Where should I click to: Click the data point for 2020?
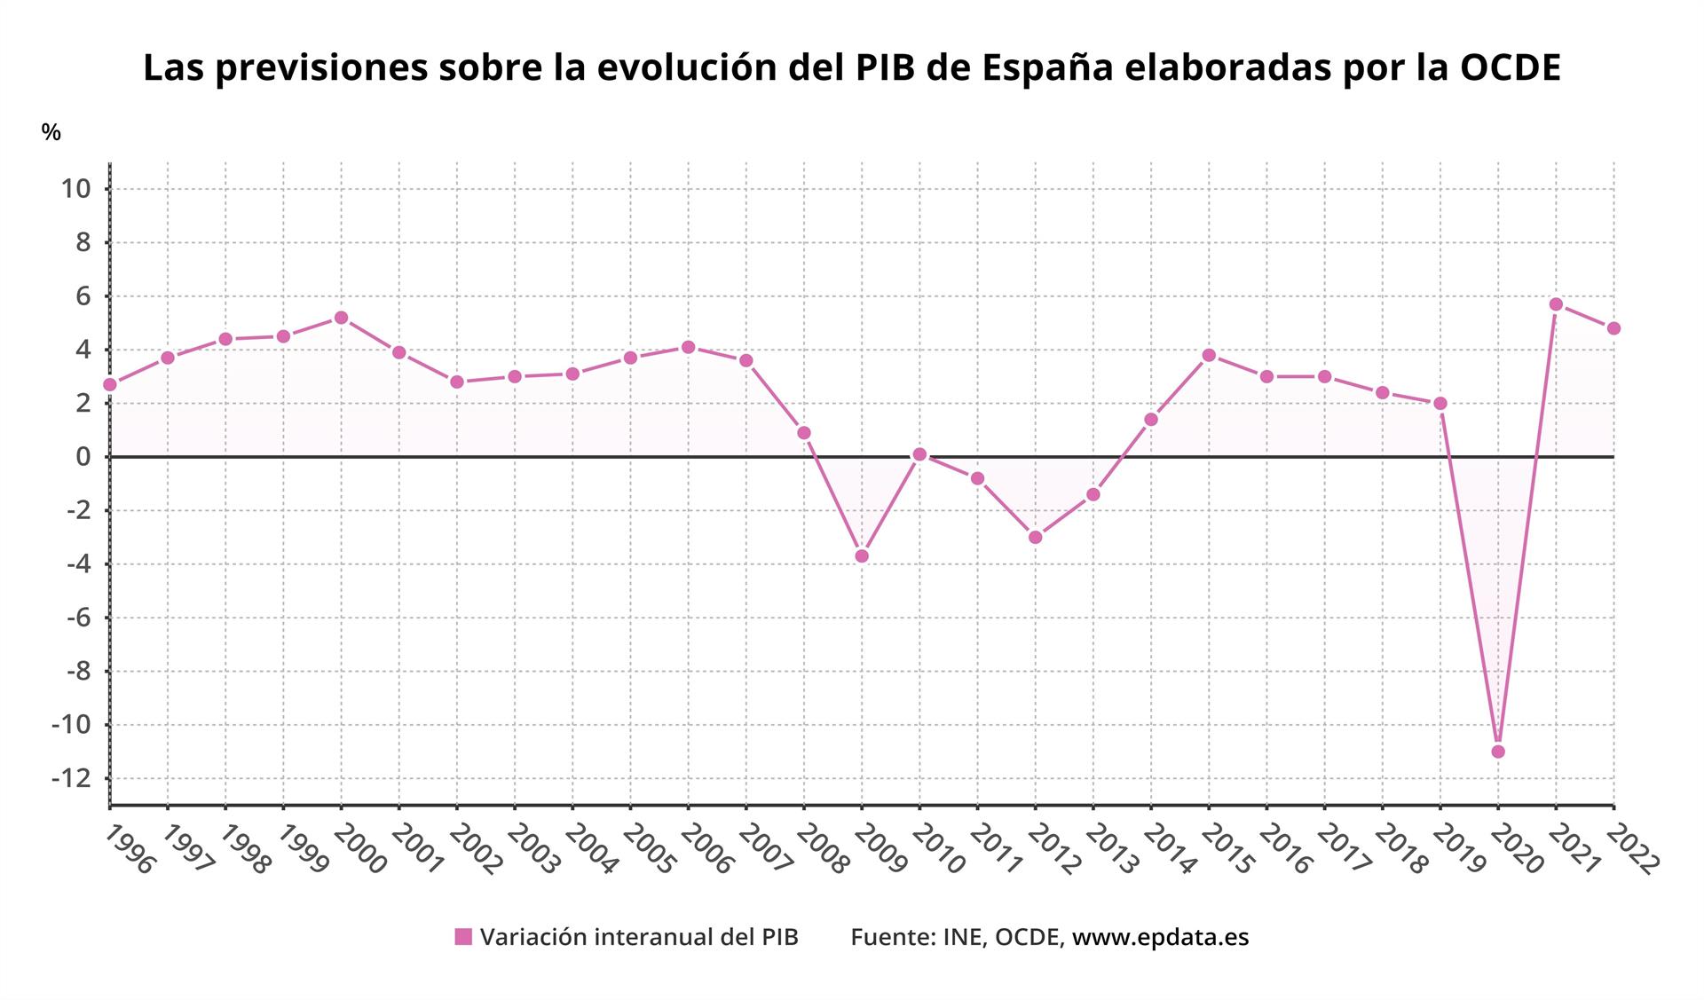[x=1498, y=752]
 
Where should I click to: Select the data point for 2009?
[x=862, y=556]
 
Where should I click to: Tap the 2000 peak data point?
[x=341, y=318]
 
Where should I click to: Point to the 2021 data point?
[x=1556, y=304]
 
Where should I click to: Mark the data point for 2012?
[x=1035, y=537]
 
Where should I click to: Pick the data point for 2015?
[x=1209, y=355]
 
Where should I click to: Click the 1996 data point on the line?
[x=110, y=384]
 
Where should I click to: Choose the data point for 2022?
[x=1613, y=328]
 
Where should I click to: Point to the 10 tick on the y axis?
[x=75, y=189]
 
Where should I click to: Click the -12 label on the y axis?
[x=71, y=778]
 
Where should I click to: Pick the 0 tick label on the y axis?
[x=83, y=457]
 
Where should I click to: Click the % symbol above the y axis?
[x=51, y=133]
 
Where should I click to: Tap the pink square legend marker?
[x=463, y=937]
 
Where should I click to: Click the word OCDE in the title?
[x=1510, y=68]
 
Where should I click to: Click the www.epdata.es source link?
[x=1160, y=937]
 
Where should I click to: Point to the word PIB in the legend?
[x=778, y=937]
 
